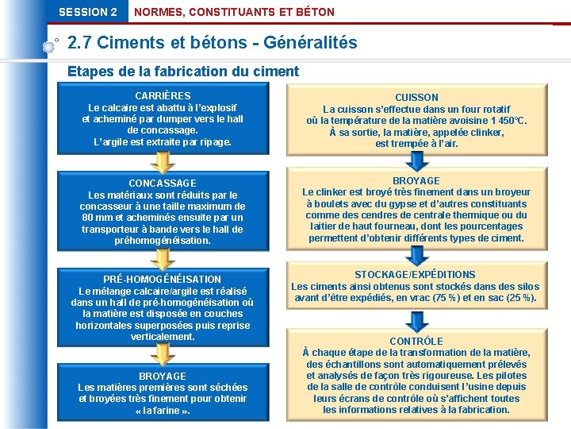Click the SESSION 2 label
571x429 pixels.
point(87,12)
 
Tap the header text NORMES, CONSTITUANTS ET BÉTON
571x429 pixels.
point(235,12)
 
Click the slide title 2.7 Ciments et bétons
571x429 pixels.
point(213,42)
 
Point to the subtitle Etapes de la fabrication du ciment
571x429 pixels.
point(183,71)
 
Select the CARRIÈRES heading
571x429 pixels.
point(163,96)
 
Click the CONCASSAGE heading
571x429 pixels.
point(163,184)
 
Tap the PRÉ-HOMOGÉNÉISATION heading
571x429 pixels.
point(163,280)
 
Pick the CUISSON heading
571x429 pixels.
point(416,98)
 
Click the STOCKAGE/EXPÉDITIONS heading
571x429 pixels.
point(416,275)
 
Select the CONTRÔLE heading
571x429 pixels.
point(416,342)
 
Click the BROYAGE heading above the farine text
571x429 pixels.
point(163,377)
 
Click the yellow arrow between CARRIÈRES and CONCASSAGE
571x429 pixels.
point(163,162)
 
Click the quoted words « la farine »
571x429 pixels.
point(163,410)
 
